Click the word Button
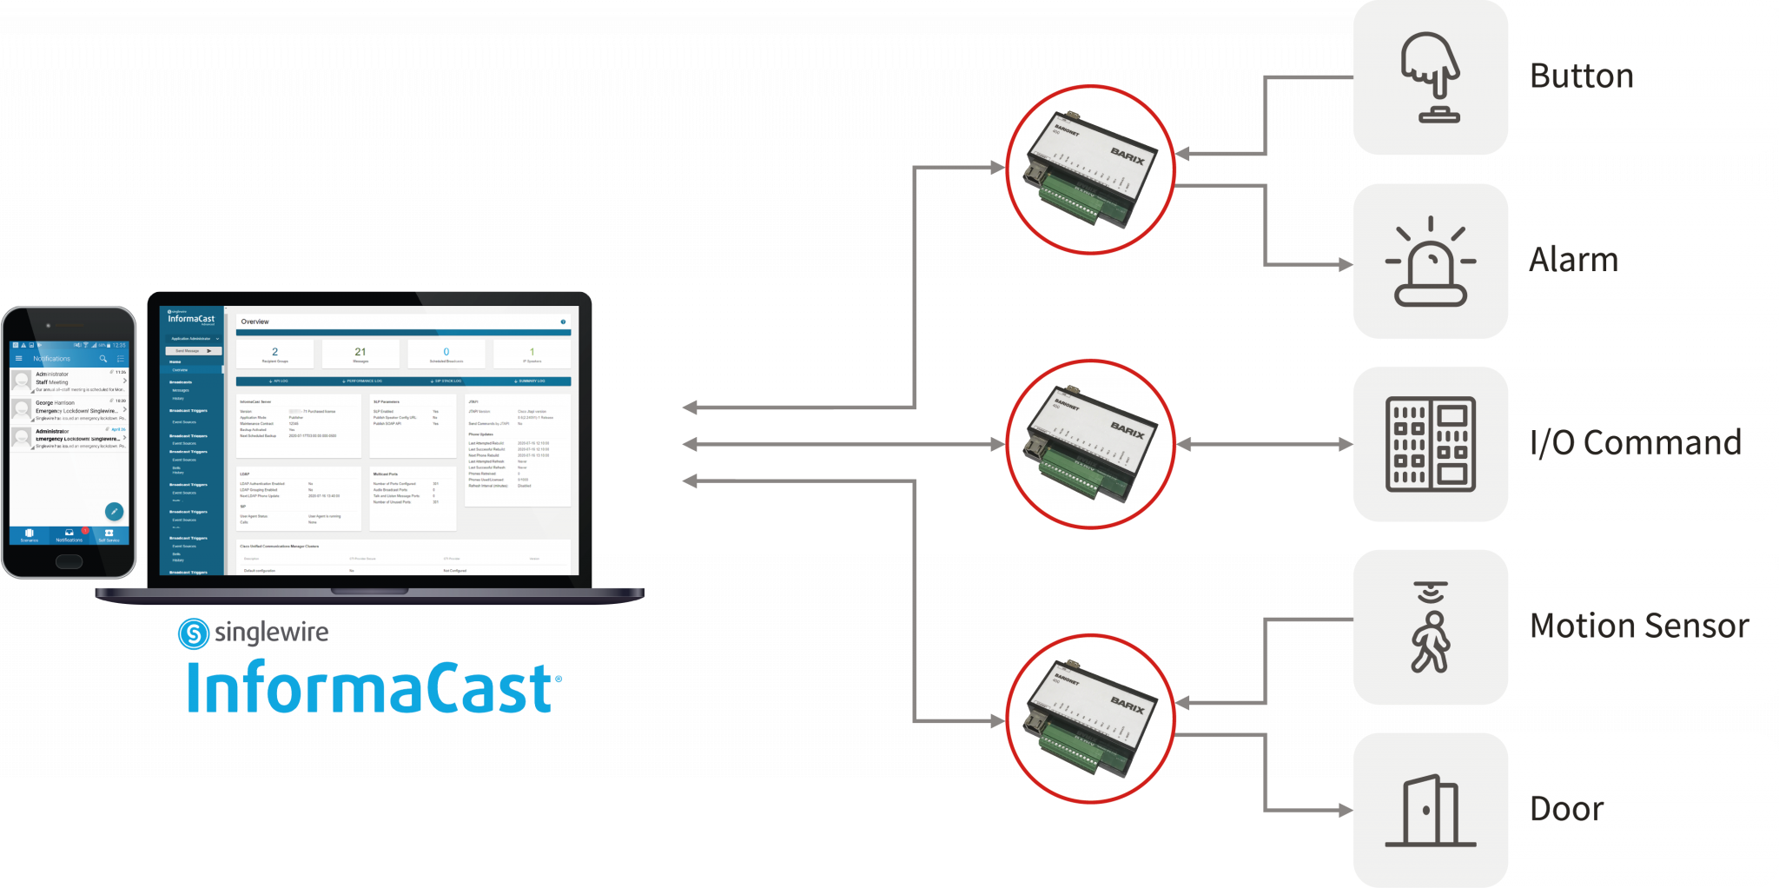tap(1581, 76)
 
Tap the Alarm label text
tap(1573, 260)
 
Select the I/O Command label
tap(1635, 443)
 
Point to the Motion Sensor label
tap(1638, 626)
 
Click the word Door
tap(1566, 809)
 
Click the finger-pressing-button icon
tap(1430, 77)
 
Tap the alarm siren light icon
tap(1430, 262)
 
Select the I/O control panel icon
tap(1430, 444)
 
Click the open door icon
tap(1430, 810)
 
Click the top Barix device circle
tap(1089, 169)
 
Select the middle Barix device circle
tap(1089, 443)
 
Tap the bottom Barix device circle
tap(1089, 718)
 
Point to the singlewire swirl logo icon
tap(193, 633)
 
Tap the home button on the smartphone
tap(69, 561)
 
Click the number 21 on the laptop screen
tap(360, 352)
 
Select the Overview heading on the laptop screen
tap(255, 321)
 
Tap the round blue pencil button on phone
tap(114, 512)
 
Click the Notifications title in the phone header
tap(52, 359)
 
